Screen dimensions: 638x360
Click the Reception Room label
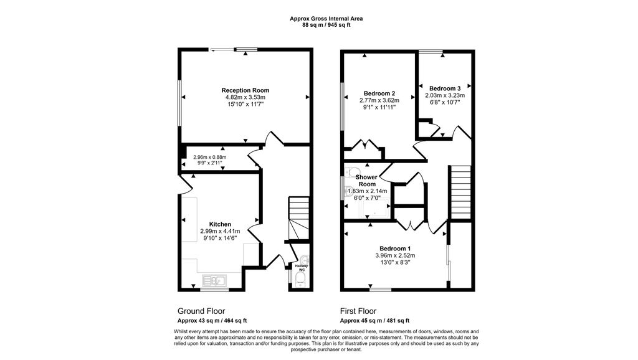(245, 90)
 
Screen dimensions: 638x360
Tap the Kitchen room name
(220, 224)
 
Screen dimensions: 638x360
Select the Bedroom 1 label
(395, 249)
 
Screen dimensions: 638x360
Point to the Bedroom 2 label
(379, 93)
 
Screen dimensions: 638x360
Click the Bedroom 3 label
(445, 88)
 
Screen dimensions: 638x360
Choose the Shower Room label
(366, 181)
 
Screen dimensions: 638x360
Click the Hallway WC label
(302, 268)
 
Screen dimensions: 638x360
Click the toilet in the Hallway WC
(301, 280)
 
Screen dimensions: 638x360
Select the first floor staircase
(460, 192)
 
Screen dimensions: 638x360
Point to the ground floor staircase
(298, 219)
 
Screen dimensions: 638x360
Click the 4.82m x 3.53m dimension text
(245, 97)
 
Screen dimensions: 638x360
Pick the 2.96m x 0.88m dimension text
(210, 157)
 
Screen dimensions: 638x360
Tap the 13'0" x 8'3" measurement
(395, 262)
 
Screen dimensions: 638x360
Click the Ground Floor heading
(201, 311)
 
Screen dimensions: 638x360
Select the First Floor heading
(358, 311)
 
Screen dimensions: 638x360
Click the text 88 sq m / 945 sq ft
(326, 25)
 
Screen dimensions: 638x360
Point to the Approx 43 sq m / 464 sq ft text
(212, 321)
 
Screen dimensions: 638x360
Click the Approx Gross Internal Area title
(326, 18)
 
